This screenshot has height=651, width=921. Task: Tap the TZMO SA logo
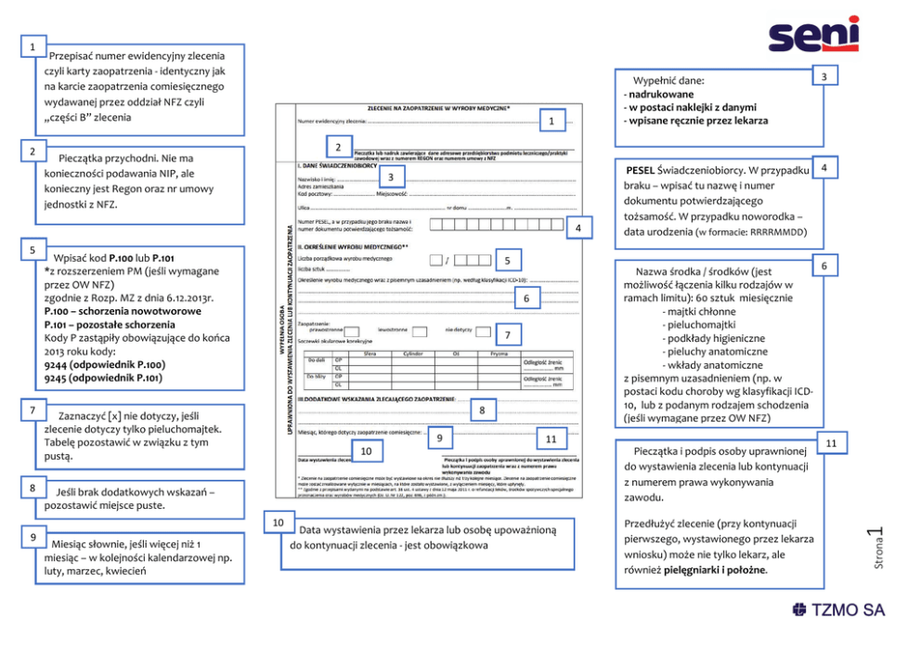click(838, 610)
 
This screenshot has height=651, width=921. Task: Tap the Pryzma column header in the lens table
click(499, 353)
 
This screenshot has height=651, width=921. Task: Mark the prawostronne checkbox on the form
click(357, 331)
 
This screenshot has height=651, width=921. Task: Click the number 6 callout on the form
click(525, 298)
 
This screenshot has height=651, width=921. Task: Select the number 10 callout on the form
click(367, 450)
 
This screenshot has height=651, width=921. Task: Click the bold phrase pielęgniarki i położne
click(714, 569)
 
